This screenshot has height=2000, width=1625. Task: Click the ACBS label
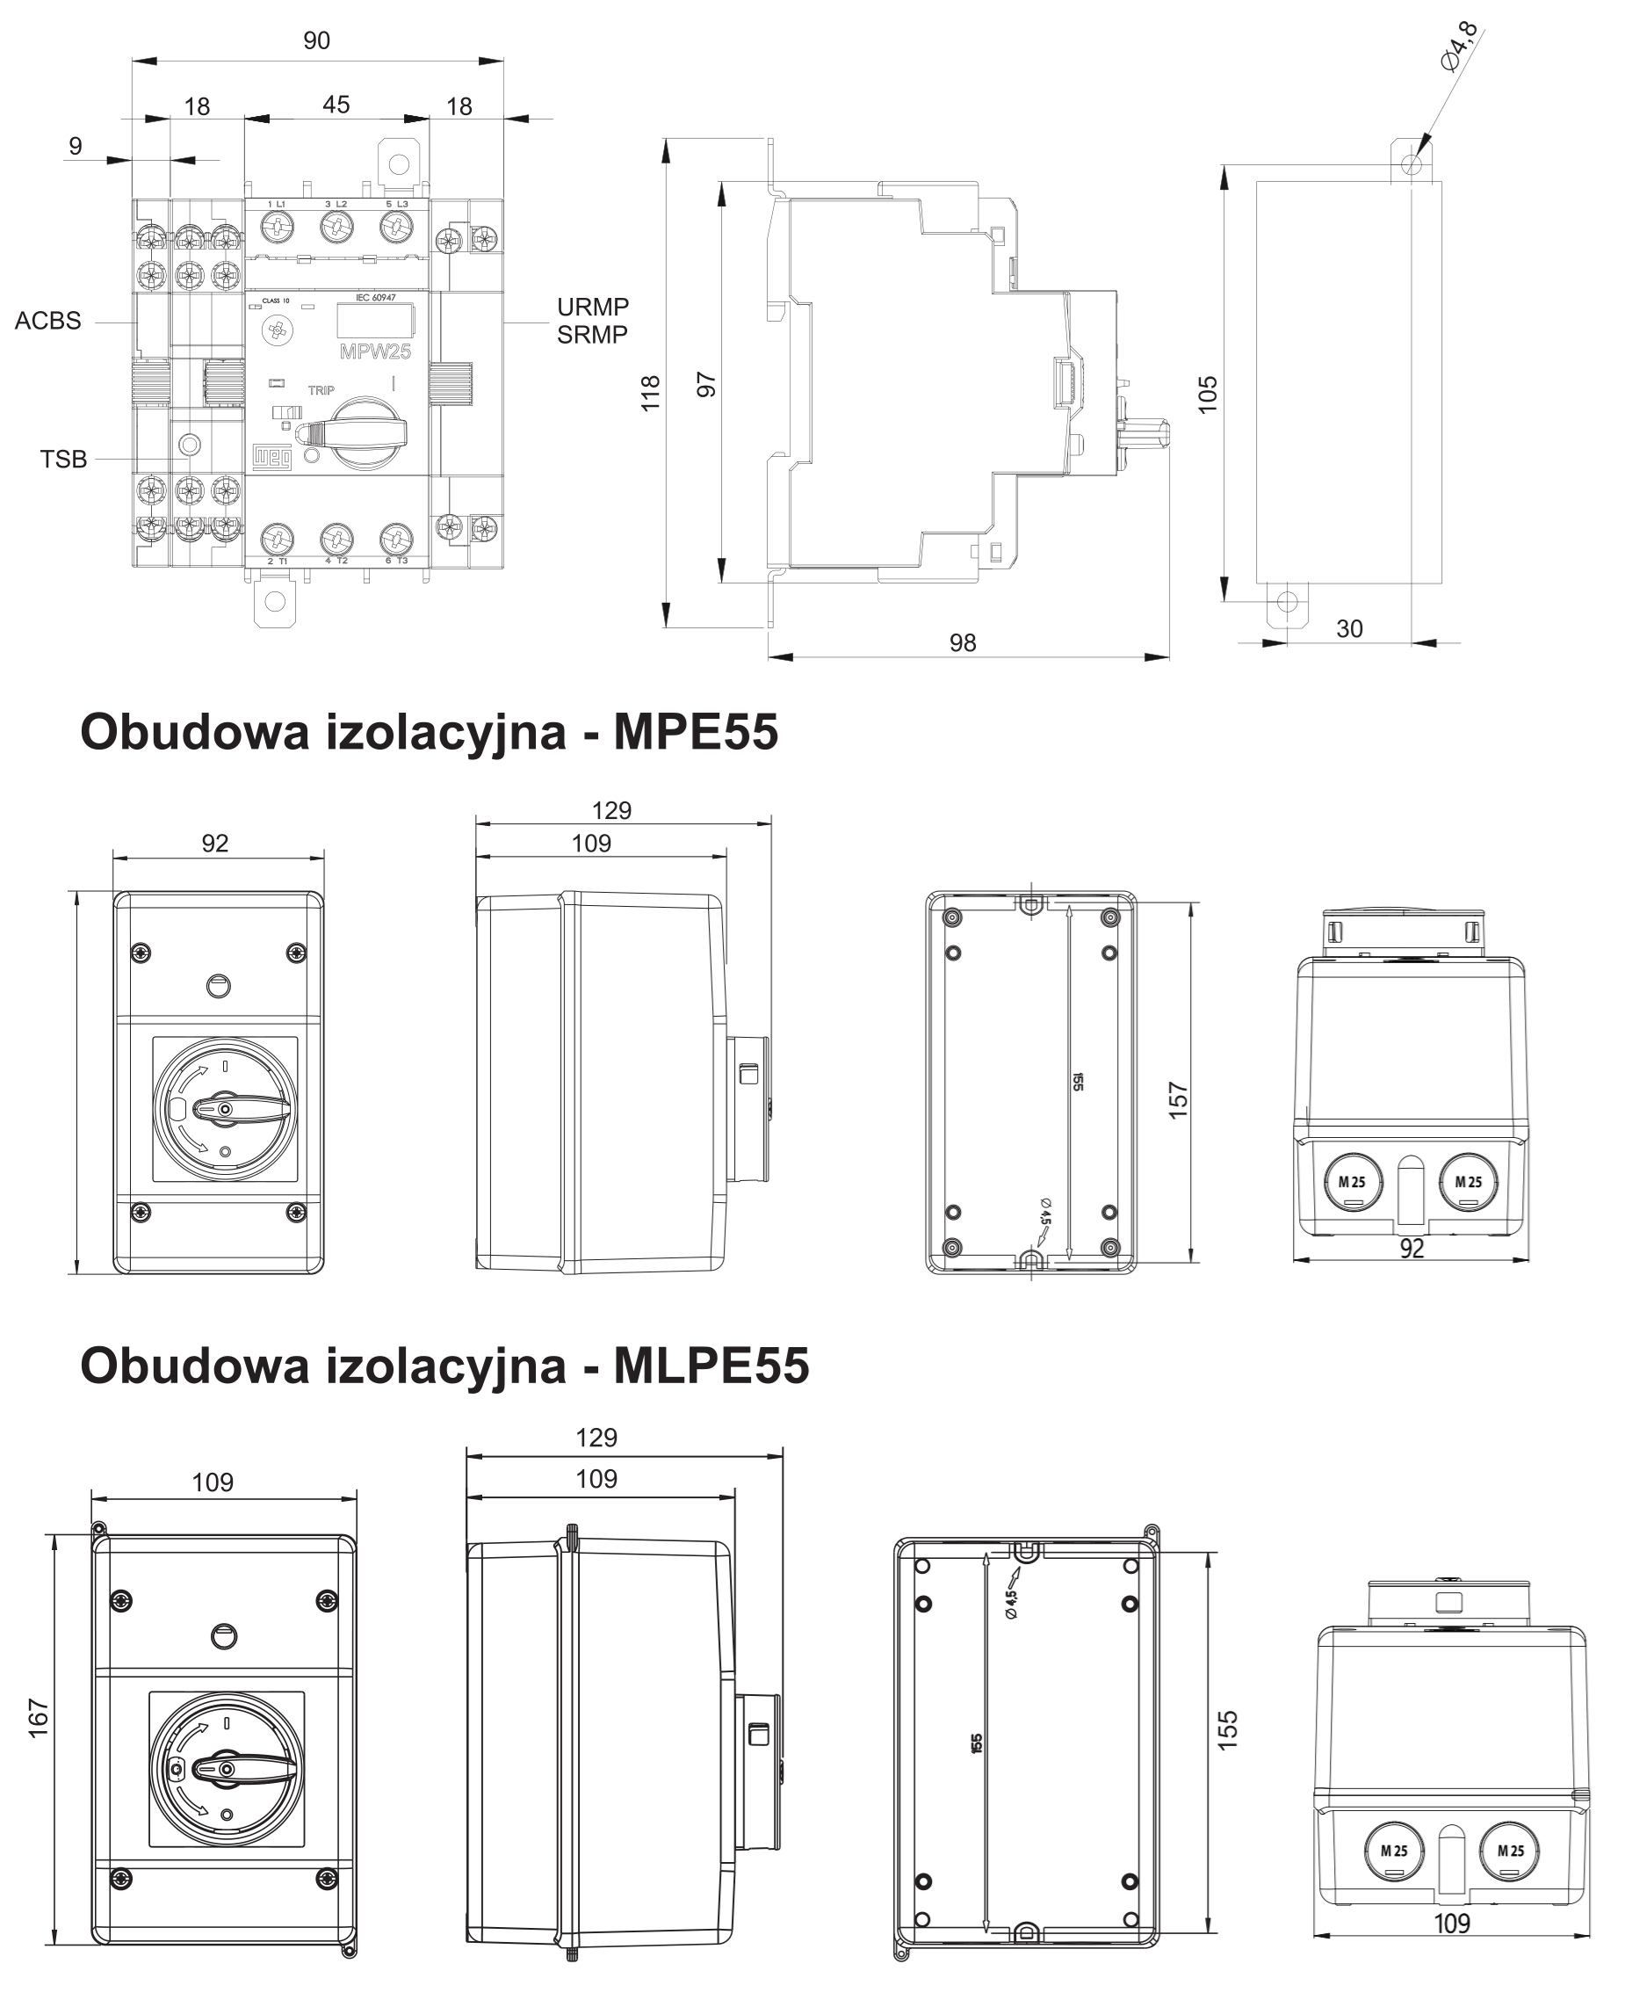[x=47, y=321]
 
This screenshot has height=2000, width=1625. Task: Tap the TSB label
[x=63, y=460]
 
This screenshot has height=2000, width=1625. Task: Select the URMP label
[x=593, y=307]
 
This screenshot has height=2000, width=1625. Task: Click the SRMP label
[x=593, y=334]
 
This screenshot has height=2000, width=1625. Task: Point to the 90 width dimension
[x=316, y=41]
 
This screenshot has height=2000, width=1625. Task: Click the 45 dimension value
[x=336, y=105]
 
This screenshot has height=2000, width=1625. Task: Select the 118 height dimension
[x=651, y=394]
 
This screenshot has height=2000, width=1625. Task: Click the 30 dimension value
[x=1349, y=629]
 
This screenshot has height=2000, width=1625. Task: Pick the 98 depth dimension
[x=963, y=643]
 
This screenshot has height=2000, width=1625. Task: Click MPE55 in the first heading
[x=696, y=732]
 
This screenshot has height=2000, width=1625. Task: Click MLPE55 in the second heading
[x=711, y=1366]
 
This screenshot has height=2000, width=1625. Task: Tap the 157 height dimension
[x=1179, y=1100]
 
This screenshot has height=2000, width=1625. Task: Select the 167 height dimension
[x=39, y=1718]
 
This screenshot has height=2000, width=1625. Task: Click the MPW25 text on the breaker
[x=375, y=352]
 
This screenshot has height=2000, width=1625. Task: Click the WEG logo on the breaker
[x=272, y=456]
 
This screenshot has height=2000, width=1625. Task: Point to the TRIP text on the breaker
[x=321, y=390]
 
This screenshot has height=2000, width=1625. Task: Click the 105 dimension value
[x=1209, y=394]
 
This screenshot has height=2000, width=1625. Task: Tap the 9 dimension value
[x=76, y=146]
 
